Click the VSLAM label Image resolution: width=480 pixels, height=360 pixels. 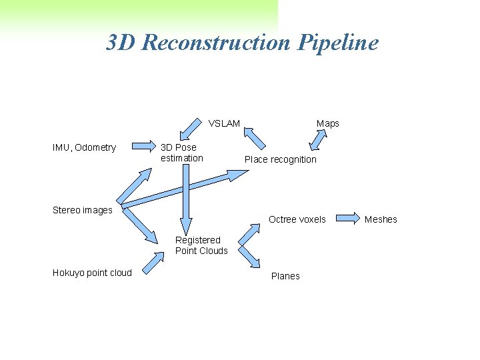click(224, 123)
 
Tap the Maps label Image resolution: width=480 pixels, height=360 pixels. click(327, 123)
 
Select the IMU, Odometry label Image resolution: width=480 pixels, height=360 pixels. click(84, 147)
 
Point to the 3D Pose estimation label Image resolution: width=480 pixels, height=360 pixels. click(181, 153)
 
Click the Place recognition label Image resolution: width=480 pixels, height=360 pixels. click(280, 159)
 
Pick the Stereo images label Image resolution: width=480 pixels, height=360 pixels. click(82, 210)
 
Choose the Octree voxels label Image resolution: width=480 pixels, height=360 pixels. click(297, 219)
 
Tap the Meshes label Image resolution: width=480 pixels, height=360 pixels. click(381, 219)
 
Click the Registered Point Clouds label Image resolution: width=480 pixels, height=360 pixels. click(201, 245)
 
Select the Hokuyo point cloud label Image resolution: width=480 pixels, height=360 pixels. click(92, 273)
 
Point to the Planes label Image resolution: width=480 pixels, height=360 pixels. click(285, 276)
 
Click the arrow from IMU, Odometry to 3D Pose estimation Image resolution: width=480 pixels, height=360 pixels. click(142, 146)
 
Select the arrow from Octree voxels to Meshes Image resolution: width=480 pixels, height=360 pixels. click(347, 217)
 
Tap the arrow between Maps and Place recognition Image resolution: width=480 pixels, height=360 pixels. click(319, 139)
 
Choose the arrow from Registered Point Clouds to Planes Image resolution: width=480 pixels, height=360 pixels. click(249, 257)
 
